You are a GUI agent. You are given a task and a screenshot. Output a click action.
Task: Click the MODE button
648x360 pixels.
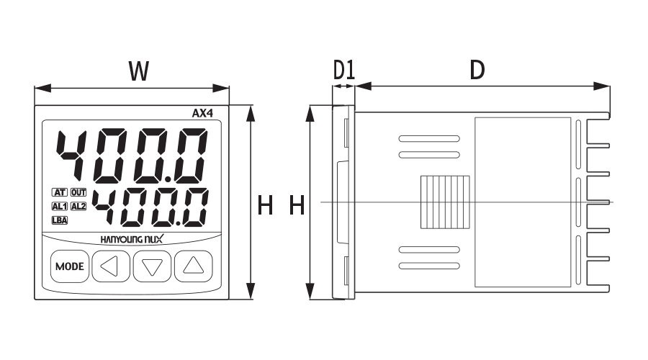point(70,266)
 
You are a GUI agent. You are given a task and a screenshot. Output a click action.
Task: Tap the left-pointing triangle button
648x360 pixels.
point(111,266)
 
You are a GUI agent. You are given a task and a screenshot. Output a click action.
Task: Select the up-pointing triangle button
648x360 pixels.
point(194,266)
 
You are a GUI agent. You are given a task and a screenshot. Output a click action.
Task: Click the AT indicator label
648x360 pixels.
point(60,192)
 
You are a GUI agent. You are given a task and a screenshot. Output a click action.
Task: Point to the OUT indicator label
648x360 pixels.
point(78,192)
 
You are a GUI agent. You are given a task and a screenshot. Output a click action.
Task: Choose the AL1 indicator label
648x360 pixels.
point(60,206)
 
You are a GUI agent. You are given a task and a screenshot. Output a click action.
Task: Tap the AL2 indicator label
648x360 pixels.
point(78,206)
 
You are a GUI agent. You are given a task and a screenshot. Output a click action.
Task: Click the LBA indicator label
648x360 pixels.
point(60,220)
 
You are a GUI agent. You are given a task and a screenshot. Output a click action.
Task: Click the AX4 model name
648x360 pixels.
point(202,113)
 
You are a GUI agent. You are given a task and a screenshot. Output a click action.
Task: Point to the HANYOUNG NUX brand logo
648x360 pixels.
point(132,239)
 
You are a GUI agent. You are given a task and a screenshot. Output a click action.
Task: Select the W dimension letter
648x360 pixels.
point(138,71)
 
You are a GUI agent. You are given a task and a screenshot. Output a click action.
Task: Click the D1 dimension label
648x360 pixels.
point(344,69)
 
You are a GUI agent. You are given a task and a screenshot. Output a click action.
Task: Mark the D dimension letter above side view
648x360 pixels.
point(477,69)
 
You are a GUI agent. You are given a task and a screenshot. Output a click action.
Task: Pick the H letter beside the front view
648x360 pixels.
point(265,205)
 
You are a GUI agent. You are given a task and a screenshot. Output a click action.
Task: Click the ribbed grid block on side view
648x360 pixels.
point(445,202)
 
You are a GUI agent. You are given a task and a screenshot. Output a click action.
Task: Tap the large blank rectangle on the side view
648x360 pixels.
point(523,202)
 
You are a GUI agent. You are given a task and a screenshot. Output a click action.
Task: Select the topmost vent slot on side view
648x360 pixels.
point(429,139)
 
